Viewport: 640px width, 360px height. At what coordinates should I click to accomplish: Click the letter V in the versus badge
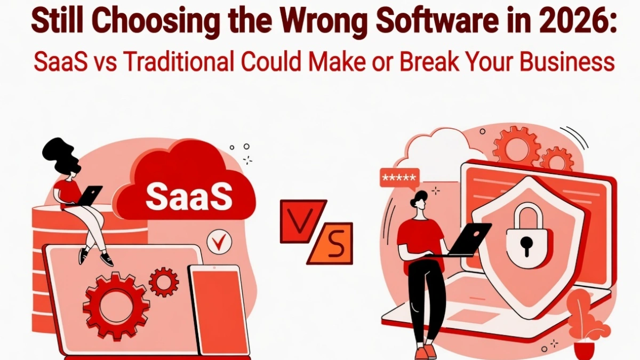[301, 219]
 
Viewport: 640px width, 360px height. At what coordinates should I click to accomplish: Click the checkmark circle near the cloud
[217, 242]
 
